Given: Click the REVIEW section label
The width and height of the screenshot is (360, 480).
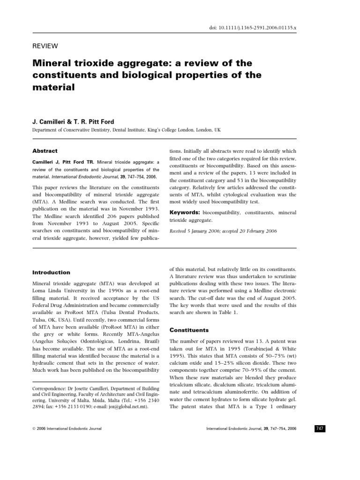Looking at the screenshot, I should pos(45,45).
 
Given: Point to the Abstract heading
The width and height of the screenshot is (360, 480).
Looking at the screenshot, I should pos(45,151).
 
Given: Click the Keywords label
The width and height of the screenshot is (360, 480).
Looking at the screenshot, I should pos(186,212).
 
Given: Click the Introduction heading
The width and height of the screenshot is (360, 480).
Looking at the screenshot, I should pos(51,272).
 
